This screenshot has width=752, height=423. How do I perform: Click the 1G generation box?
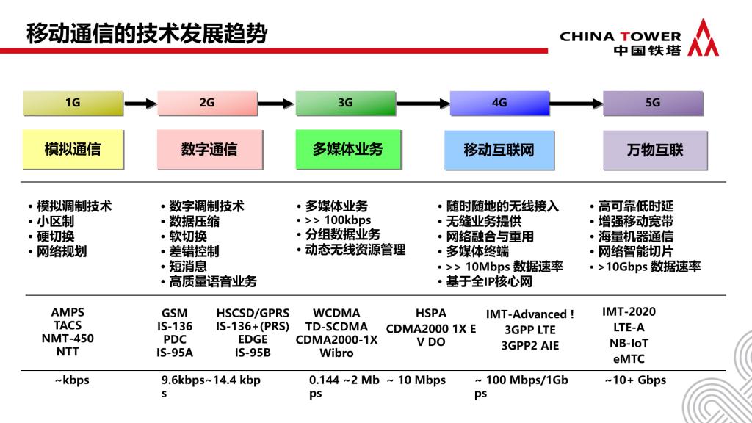73,103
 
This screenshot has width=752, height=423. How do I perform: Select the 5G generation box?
653,103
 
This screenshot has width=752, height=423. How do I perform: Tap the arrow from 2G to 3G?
275,103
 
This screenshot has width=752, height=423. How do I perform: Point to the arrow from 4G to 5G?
576,103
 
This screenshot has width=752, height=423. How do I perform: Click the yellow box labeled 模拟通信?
73,150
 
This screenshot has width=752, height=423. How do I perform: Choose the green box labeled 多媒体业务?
348,150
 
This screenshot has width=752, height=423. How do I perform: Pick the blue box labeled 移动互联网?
499,150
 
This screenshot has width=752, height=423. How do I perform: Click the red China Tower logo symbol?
703,37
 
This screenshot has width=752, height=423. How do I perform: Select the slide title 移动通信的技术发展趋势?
147,34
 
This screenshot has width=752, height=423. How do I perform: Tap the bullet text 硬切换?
56,236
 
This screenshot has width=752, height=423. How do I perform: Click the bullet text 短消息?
187,266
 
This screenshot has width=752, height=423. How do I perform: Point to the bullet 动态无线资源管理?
355,250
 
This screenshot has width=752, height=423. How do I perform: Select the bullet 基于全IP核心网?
489,281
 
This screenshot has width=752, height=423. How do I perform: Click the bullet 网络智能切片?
635,251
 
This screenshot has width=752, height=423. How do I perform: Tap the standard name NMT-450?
68,339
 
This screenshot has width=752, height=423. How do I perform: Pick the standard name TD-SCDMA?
336,327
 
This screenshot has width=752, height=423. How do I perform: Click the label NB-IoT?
629,344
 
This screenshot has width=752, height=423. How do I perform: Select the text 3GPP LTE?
530,330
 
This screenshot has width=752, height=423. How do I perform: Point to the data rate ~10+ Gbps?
635,380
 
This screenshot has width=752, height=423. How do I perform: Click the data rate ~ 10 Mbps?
416,380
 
